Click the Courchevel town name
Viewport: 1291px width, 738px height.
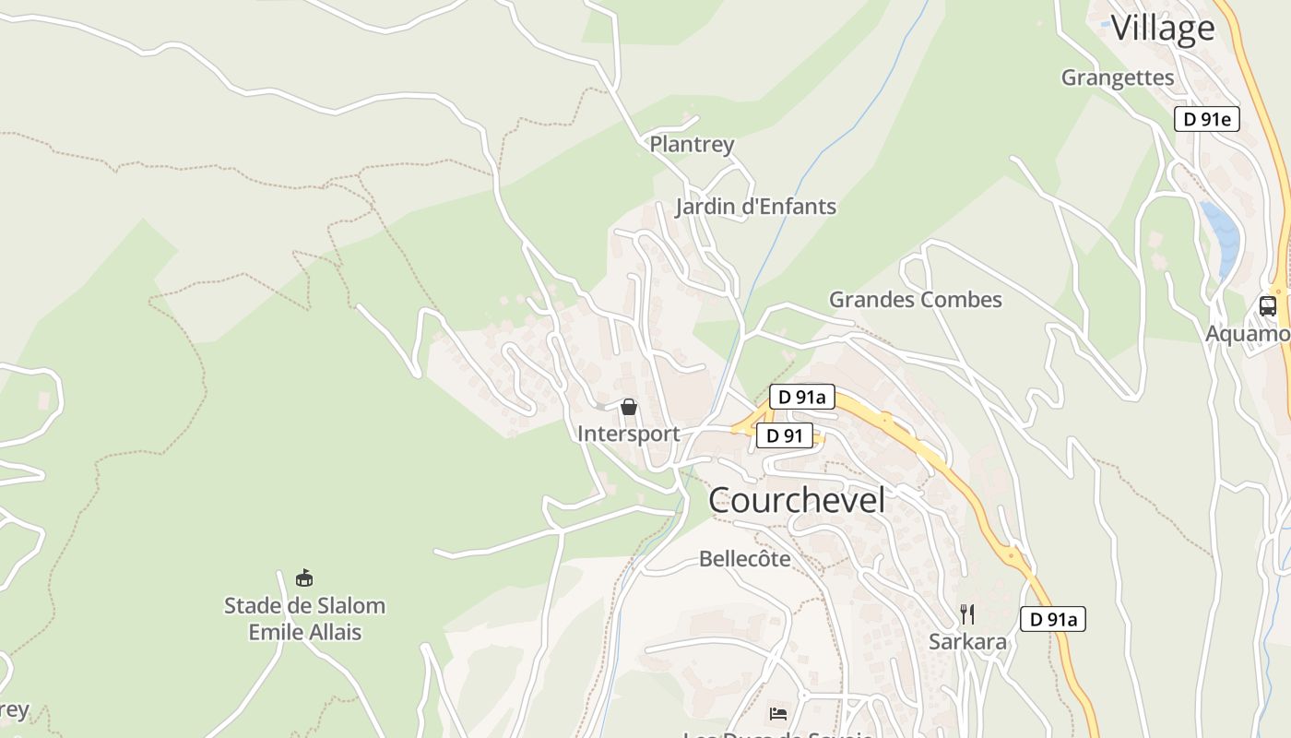pos(797,500)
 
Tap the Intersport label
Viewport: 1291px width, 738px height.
pos(628,434)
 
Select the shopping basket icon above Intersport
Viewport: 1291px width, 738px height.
pos(629,407)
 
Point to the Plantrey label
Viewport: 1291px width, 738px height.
pos(692,144)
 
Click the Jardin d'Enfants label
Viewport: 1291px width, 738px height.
pos(755,207)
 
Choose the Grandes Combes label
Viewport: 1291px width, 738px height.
pos(915,300)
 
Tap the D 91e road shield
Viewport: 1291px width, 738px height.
pos(1206,119)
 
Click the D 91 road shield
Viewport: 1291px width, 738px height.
pos(785,436)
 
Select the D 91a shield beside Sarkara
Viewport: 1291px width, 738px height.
pos(1052,619)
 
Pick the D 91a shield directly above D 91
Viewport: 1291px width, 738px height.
pos(801,398)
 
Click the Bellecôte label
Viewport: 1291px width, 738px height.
pos(744,559)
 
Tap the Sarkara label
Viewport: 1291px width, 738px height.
pos(967,642)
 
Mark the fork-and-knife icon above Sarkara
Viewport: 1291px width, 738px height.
pos(967,614)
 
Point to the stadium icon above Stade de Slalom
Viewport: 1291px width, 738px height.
pos(304,578)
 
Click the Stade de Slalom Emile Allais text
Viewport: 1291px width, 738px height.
pos(304,619)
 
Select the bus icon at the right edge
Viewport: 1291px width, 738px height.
pos(1268,306)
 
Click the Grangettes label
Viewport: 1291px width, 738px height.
pos(1118,77)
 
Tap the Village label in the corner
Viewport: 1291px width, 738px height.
pos(1162,29)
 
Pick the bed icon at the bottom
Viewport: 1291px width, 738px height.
pos(778,713)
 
